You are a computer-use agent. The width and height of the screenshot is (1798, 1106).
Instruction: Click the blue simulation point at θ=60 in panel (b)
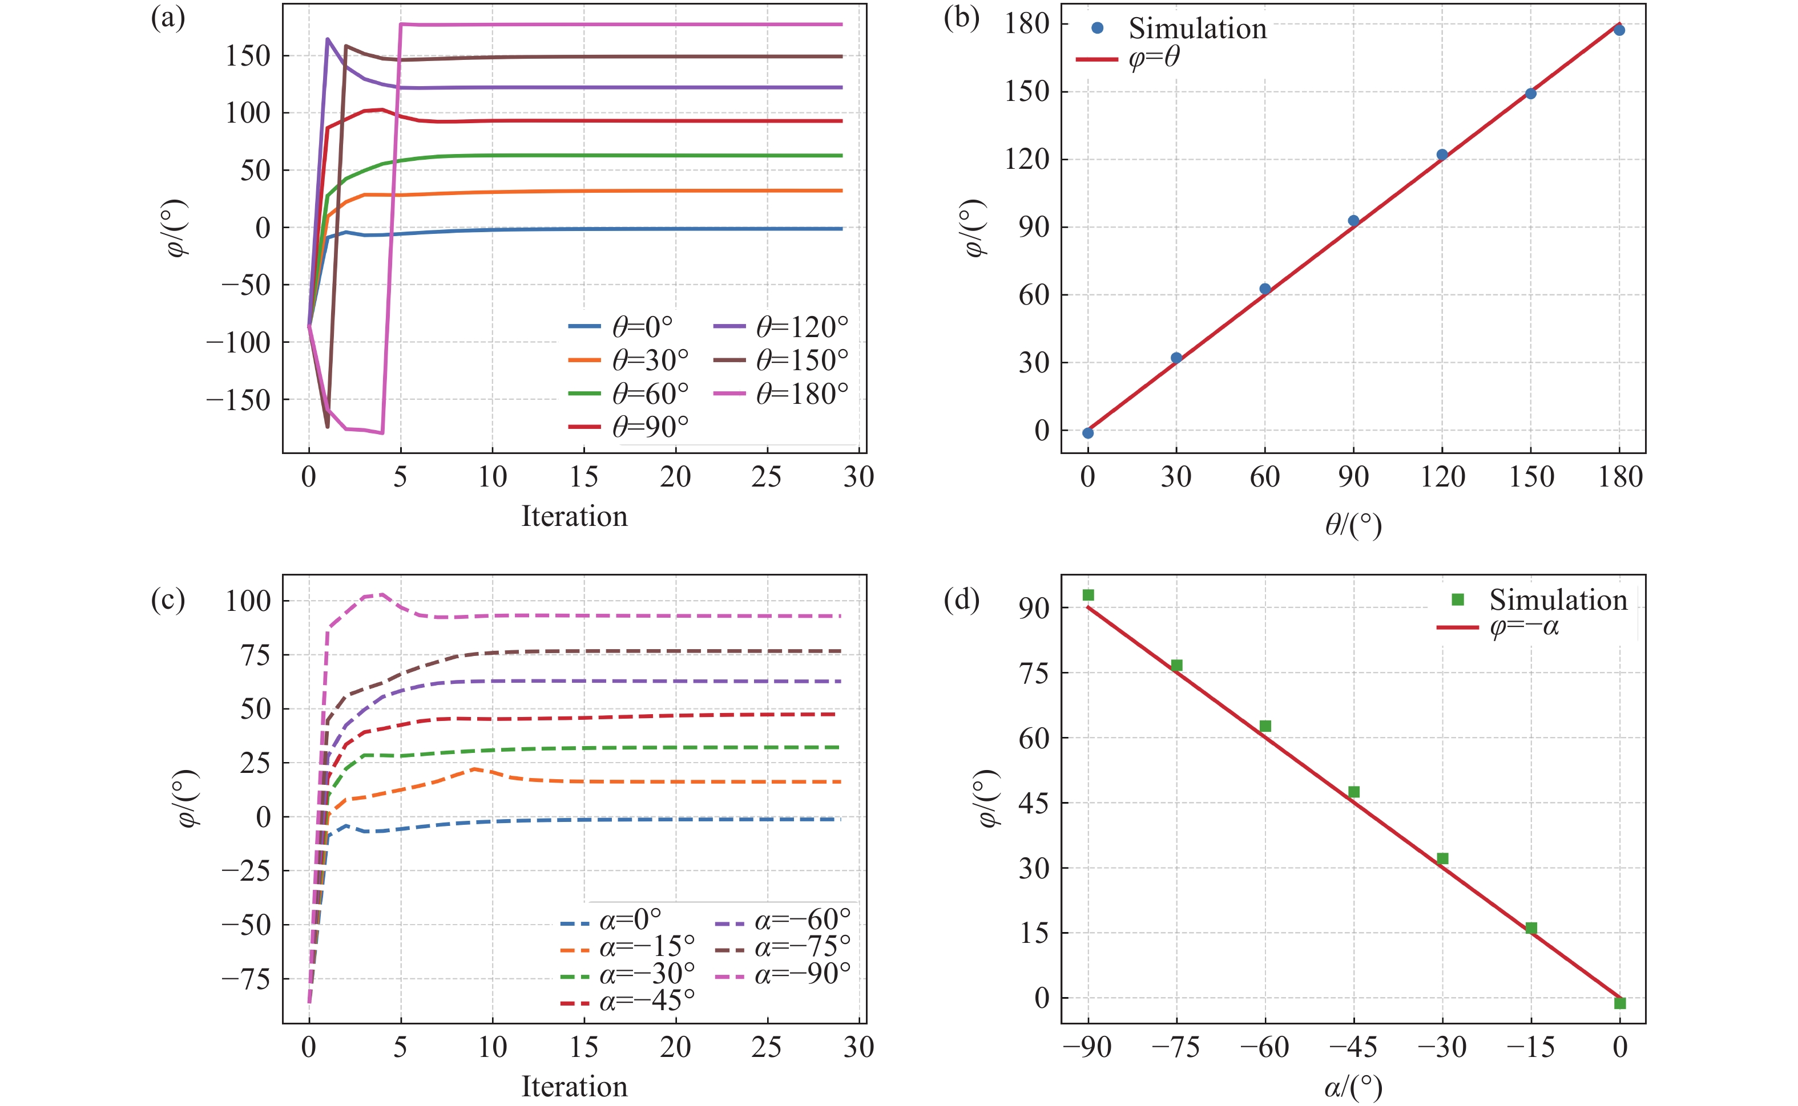[1264, 289]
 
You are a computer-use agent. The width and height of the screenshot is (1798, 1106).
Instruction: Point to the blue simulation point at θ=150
[1530, 94]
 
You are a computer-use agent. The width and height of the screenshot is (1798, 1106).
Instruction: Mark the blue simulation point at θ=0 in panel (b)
[1087, 433]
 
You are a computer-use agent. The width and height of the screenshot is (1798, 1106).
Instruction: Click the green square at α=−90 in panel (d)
[1088, 595]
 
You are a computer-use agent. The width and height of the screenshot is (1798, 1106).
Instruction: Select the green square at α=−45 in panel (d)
[1354, 792]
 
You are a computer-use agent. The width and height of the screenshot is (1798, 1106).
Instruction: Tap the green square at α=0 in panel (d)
[1619, 1003]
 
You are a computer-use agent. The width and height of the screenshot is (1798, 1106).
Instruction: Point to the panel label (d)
[961, 599]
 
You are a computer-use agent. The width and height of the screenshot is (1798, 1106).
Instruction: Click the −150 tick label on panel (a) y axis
[238, 400]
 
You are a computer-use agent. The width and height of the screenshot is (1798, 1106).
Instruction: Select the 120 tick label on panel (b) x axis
[1442, 477]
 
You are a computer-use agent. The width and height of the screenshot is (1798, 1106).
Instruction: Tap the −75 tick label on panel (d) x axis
[1175, 1047]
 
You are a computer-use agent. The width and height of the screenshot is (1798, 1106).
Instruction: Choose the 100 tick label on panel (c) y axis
[248, 601]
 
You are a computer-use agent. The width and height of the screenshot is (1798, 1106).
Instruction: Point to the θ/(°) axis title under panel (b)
[1353, 525]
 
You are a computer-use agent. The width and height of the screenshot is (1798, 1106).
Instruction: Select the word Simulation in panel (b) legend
[1197, 29]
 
